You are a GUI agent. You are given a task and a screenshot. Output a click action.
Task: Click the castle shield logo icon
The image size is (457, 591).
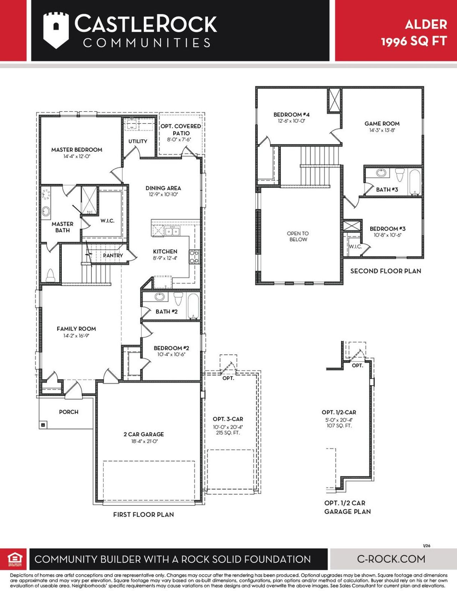(x=55, y=30)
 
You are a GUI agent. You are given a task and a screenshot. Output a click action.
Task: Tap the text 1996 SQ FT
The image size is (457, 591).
(x=414, y=41)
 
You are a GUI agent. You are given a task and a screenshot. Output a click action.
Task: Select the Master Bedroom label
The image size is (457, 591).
(x=77, y=150)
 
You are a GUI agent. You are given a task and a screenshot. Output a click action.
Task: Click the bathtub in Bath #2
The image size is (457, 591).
(x=193, y=306)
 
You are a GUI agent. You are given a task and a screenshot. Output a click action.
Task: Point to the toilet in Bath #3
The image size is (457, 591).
(x=399, y=175)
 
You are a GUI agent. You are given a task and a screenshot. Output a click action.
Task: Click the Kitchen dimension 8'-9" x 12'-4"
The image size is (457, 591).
(x=165, y=258)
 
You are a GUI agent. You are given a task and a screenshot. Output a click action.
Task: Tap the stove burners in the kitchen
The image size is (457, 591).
(x=194, y=257)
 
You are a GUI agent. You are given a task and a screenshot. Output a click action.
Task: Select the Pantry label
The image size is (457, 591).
(x=113, y=255)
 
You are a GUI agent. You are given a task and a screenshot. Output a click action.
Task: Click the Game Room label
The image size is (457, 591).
(x=382, y=124)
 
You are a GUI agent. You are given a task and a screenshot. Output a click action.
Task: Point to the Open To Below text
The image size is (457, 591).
(x=298, y=236)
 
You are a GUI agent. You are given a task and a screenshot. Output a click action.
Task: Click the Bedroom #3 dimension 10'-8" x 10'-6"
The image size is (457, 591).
(x=387, y=235)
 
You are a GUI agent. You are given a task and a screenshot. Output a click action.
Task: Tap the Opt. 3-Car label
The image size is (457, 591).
(x=228, y=419)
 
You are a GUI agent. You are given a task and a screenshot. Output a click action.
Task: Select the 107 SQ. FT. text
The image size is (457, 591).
(x=339, y=426)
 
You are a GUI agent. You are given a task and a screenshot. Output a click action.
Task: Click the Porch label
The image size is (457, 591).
(x=69, y=412)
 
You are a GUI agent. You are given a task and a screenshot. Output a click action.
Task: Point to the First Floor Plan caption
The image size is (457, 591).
(x=144, y=515)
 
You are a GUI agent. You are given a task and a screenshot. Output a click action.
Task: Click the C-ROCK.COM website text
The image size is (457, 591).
(x=391, y=559)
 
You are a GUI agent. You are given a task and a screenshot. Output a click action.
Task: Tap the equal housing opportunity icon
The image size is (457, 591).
(x=15, y=559)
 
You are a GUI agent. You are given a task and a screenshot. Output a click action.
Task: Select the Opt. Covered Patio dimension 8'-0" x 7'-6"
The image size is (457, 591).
(x=179, y=140)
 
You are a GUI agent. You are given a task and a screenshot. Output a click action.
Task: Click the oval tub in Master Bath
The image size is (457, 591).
(x=46, y=211)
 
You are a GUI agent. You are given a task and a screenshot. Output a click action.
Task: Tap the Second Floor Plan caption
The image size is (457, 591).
(x=386, y=271)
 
